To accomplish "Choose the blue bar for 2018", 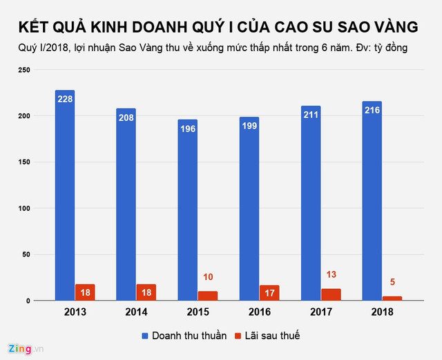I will tap(372, 201).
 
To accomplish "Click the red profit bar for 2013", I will tap(86, 292).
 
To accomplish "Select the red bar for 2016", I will tap(270, 293).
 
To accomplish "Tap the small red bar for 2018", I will tap(392, 299).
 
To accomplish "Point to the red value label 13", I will tap(331, 275).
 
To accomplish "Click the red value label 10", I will tap(208, 278).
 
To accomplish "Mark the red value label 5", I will tap(392, 283).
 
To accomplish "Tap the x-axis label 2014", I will tap(136, 312).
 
